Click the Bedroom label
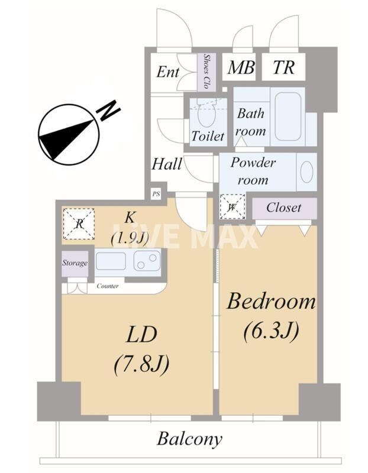(x=271, y=302)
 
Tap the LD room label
(x=141, y=335)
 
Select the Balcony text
(x=189, y=439)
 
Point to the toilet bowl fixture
(x=206, y=114)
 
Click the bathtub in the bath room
(x=288, y=116)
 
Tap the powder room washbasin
(x=306, y=172)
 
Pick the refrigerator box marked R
(x=79, y=224)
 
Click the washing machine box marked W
(x=232, y=206)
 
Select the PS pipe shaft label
(x=156, y=194)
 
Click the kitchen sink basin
(x=111, y=261)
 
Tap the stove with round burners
(x=147, y=261)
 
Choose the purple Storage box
(x=75, y=263)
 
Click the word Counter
(x=108, y=286)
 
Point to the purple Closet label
(x=284, y=208)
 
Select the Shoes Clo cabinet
(x=206, y=72)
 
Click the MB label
(x=241, y=67)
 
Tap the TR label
(x=283, y=67)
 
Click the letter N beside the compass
(x=108, y=111)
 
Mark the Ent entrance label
(x=168, y=72)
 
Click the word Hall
(x=167, y=164)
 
